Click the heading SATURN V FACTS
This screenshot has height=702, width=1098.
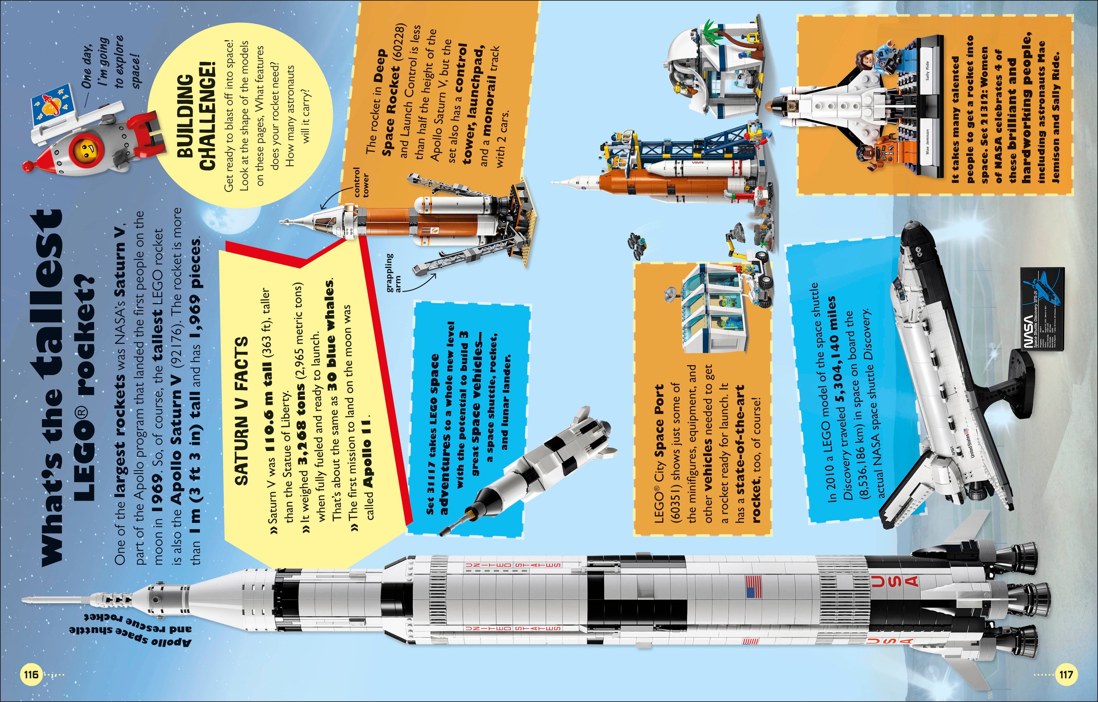pyautogui.click(x=241, y=411)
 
